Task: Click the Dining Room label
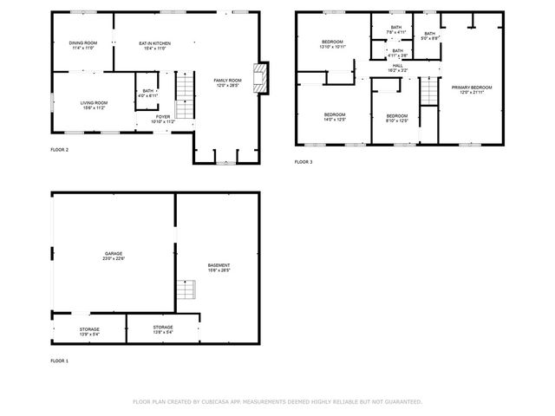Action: pyautogui.click(x=82, y=44)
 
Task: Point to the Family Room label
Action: pyautogui.click(x=227, y=81)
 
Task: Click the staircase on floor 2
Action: pyautogui.click(x=185, y=95)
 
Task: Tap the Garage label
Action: pyautogui.click(x=114, y=255)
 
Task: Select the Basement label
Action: pyautogui.click(x=219, y=266)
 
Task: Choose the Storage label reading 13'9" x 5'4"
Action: pyautogui.click(x=89, y=330)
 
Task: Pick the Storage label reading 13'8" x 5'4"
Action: pyautogui.click(x=164, y=330)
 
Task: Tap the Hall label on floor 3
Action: pyautogui.click(x=397, y=67)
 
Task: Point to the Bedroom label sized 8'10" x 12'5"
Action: pyautogui.click(x=396, y=118)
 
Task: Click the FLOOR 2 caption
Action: pyautogui.click(x=60, y=150)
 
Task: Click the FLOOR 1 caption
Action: pyautogui.click(x=60, y=360)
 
